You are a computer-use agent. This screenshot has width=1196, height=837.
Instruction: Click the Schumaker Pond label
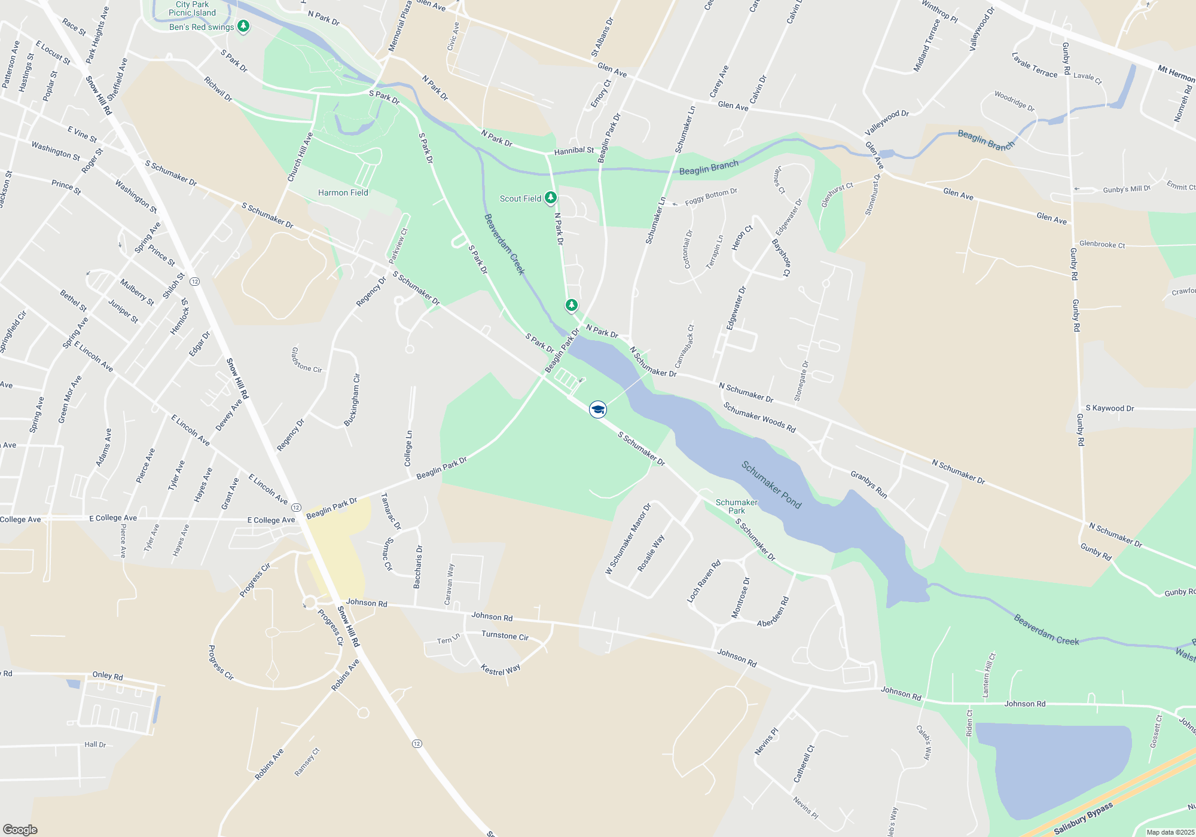771,484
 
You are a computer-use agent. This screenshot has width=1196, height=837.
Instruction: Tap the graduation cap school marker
598,410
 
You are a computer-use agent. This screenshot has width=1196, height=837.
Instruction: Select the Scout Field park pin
551,198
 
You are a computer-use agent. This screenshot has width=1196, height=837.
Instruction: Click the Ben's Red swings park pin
243,26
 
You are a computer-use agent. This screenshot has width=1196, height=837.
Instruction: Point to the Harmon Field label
343,193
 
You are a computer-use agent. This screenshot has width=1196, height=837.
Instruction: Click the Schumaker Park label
737,506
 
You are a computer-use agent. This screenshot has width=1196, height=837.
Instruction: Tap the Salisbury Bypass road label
1083,818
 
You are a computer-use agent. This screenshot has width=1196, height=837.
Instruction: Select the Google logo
20,830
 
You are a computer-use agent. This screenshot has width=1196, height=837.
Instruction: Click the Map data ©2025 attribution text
1170,832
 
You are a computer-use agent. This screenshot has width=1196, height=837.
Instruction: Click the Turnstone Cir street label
505,636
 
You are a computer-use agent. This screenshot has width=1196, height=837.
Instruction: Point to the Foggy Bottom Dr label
711,197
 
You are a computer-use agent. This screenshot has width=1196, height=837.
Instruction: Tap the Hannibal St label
574,151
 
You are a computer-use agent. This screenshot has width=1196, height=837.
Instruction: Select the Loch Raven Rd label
704,581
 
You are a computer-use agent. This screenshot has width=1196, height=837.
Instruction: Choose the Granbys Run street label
869,484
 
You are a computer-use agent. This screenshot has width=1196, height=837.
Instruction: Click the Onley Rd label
108,676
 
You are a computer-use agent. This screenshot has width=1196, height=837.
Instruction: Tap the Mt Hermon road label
1176,74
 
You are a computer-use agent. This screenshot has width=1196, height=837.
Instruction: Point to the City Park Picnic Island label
192,8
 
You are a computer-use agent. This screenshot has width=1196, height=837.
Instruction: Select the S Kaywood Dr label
1109,408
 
